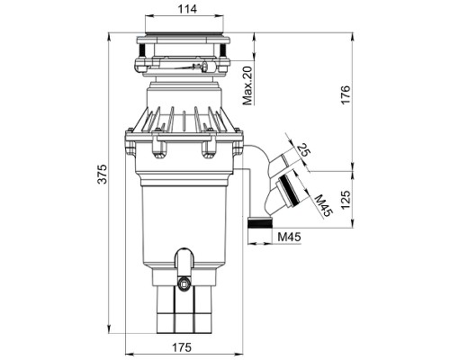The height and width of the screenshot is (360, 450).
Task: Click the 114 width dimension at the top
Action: tap(187, 9)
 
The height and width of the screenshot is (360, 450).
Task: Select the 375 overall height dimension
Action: tap(103, 174)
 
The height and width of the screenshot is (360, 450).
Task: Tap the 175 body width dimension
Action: tap(182, 347)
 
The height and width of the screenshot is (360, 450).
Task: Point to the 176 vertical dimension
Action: tap(346, 94)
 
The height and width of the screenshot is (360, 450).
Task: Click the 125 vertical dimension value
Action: tap(346, 200)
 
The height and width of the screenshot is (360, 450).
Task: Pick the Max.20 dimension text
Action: tap(247, 85)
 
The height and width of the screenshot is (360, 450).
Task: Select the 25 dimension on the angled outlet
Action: tap(303, 149)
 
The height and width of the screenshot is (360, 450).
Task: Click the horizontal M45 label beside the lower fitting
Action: tap(289, 237)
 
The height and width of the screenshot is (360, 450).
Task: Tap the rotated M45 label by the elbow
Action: tap(323, 205)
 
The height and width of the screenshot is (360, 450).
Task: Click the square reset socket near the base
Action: tap(183, 283)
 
